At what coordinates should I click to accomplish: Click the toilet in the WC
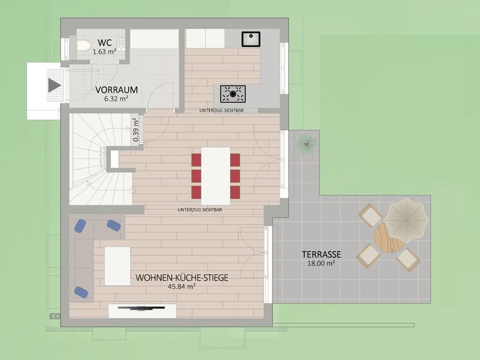coord(83,46)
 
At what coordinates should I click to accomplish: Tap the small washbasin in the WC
coord(122,44)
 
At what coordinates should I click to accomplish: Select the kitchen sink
coord(251,39)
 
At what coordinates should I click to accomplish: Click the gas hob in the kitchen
coord(233,94)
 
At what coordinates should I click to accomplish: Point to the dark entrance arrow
coord(55,85)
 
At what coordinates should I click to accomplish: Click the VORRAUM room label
coord(116,89)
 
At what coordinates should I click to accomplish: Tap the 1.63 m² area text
coord(104,52)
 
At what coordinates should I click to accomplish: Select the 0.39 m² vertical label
coord(136,130)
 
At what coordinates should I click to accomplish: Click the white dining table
coord(215,176)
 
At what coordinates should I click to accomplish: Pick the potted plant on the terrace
coord(307,143)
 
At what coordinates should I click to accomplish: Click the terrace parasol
coord(406,220)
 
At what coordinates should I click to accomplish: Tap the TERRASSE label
coord(321,254)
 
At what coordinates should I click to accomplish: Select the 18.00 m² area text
coord(321,263)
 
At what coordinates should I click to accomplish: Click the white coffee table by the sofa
coord(118,266)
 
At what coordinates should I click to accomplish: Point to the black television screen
coord(142,308)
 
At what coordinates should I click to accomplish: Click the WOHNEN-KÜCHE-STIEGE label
coord(182,278)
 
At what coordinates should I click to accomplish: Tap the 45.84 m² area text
coord(182,287)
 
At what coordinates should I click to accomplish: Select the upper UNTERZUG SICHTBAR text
coord(221,110)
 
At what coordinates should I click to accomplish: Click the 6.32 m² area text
coord(116,98)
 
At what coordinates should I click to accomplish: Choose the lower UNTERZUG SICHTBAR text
coord(200,209)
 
